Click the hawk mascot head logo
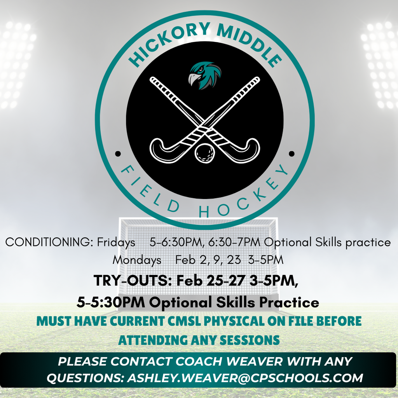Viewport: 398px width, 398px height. [204, 75]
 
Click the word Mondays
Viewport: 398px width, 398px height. [137, 260]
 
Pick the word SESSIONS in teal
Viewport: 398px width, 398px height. [250, 340]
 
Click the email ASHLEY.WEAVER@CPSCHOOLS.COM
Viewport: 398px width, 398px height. [245, 377]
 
